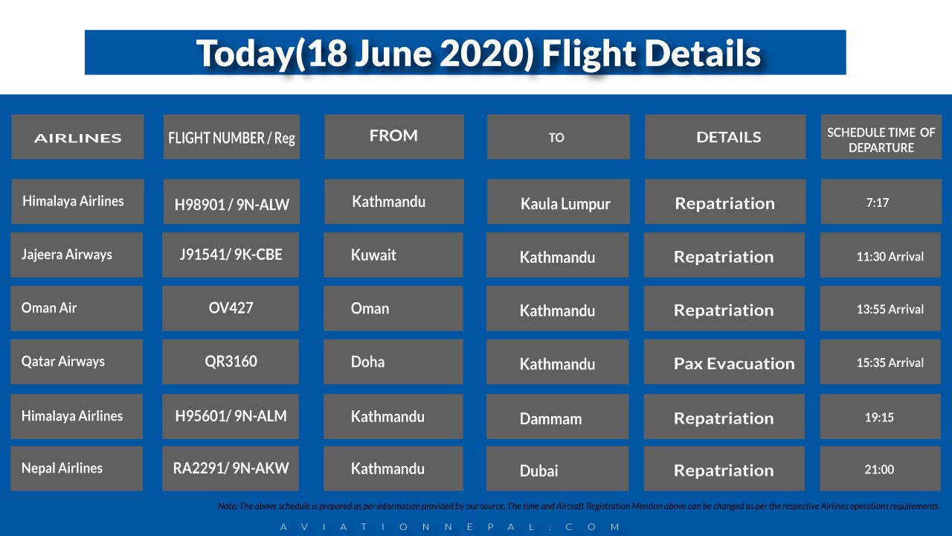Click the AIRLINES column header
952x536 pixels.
[x=77, y=137]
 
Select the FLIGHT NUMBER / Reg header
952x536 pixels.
[x=231, y=138]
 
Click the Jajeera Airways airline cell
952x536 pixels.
[x=77, y=255]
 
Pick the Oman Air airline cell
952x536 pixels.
[x=77, y=308]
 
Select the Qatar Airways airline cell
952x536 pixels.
[x=77, y=362]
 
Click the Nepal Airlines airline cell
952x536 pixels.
[x=77, y=468]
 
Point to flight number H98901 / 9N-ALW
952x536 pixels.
[x=231, y=202]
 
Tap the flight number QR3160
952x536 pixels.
[x=231, y=362]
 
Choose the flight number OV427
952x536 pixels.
[x=231, y=308]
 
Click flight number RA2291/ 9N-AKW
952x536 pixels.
[x=231, y=468]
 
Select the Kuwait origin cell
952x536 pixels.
[x=393, y=255]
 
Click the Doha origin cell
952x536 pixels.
[x=393, y=362]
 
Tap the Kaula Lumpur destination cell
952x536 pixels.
[x=558, y=203]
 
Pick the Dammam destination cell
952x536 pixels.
[x=557, y=418]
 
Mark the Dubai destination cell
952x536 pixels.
[x=557, y=470]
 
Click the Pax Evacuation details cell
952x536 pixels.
[x=724, y=363]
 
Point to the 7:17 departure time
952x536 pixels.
[x=881, y=202]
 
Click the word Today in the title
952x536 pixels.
[x=244, y=54]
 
